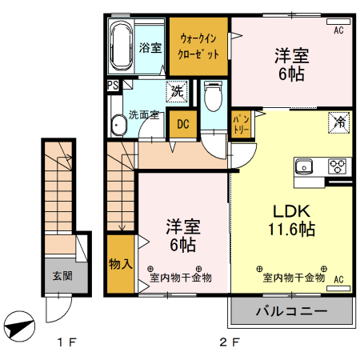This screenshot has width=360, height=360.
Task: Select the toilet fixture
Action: pyautogui.click(x=212, y=96)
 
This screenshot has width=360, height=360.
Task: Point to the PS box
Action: pyautogui.click(x=112, y=82)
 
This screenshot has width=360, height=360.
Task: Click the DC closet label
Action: pyautogui.click(x=183, y=124)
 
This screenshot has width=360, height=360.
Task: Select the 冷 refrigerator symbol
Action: pyautogui.click(x=340, y=122)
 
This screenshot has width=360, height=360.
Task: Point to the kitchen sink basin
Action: pyautogui.click(x=304, y=166)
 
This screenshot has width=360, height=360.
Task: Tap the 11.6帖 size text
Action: pyautogui.click(x=291, y=230)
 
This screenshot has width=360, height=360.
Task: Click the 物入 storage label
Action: pyautogui.click(x=120, y=262)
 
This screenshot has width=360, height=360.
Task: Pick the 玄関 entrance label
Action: pyautogui.click(x=62, y=276)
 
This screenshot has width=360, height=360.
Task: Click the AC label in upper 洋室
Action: pyautogui.click(x=338, y=30)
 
